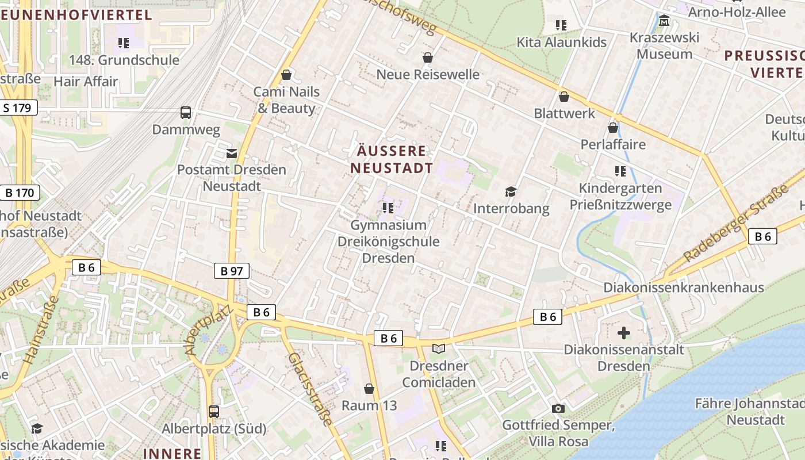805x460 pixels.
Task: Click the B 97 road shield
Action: coord(232,271)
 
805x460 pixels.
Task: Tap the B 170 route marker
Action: coord(20,193)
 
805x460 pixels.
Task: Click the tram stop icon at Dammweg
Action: coord(186,113)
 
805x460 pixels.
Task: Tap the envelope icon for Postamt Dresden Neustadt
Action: coord(231,153)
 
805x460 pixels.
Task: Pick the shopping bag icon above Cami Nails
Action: coord(286,75)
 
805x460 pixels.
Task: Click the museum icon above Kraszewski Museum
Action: coord(664,21)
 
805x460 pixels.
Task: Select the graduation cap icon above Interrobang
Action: coord(511,191)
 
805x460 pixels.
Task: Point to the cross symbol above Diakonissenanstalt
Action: coord(624,333)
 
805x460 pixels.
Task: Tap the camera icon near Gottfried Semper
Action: coord(558,408)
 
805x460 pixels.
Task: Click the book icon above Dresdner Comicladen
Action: coord(439,348)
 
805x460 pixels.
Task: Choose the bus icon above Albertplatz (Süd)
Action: coord(214,411)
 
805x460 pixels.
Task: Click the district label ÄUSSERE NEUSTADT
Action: coord(392,159)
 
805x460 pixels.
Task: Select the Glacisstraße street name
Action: coord(310,389)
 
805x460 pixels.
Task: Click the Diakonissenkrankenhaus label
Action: coord(683,287)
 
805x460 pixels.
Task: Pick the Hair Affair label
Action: coord(86,81)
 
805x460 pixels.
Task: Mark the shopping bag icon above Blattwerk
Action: coord(564,97)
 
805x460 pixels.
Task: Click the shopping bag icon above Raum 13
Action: coord(369,389)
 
